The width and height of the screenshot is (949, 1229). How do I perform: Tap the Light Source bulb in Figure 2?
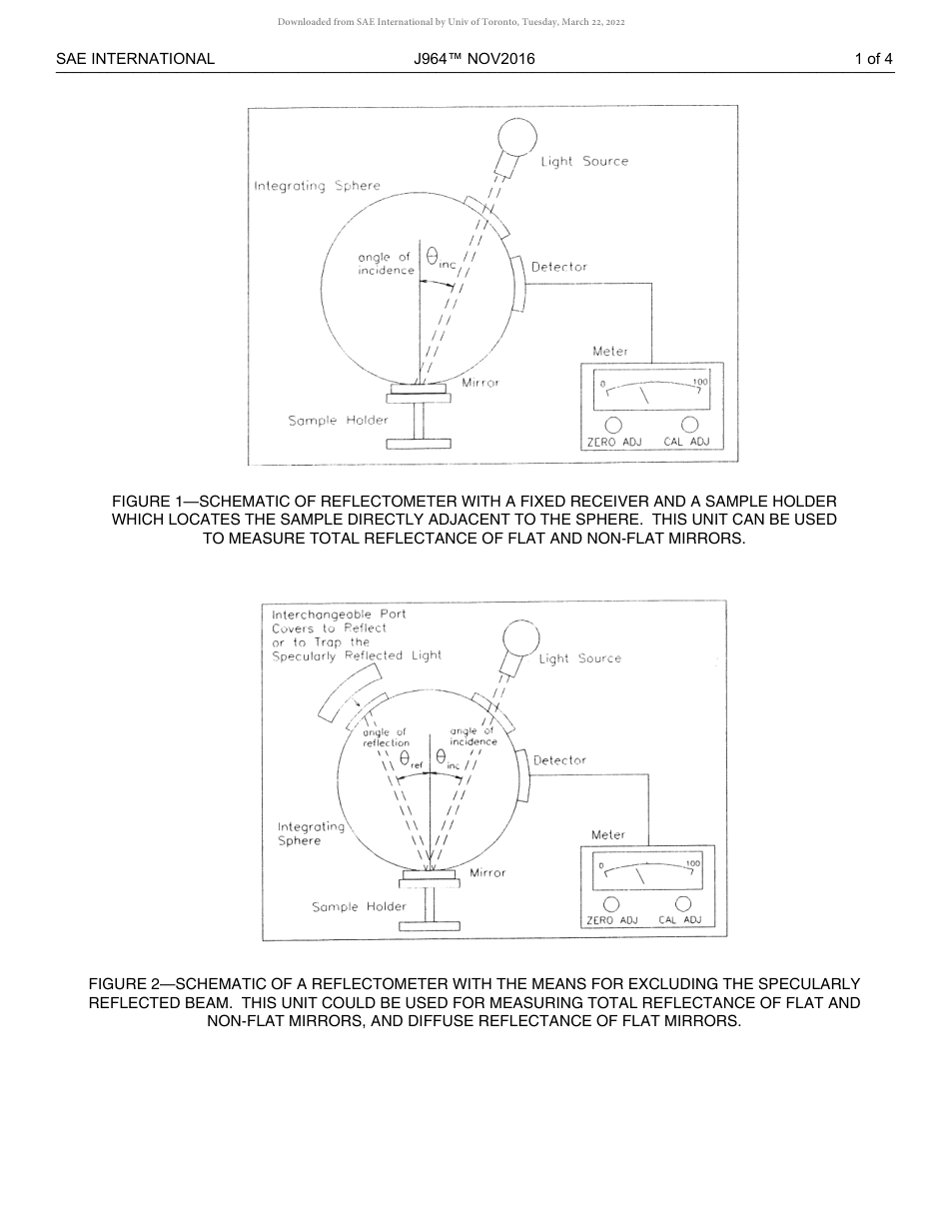[x=520, y=636]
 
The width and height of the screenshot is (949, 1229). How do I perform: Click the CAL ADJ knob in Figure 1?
[x=689, y=425]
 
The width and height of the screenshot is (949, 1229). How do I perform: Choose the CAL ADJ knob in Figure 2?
[x=683, y=904]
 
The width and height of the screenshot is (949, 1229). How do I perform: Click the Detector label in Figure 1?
[x=558, y=267]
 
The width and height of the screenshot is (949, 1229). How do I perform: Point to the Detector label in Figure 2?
[x=559, y=760]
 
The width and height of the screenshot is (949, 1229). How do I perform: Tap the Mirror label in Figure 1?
[x=479, y=383]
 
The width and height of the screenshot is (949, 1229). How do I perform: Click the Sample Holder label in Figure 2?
[x=359, y=907]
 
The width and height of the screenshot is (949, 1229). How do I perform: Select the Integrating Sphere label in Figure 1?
[x=317, y=186]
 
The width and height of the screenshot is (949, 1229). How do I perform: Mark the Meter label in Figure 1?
[x=610, y=352]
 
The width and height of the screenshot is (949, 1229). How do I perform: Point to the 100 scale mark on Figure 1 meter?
[x=699, y=382]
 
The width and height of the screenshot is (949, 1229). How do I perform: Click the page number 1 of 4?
[x=873, y=59]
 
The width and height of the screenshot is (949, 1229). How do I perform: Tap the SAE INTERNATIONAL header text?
[x=135, y=59]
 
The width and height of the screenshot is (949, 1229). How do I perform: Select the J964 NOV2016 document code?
[x=474, y=59]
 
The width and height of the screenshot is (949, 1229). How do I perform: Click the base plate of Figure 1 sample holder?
[x=419, y=444]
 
